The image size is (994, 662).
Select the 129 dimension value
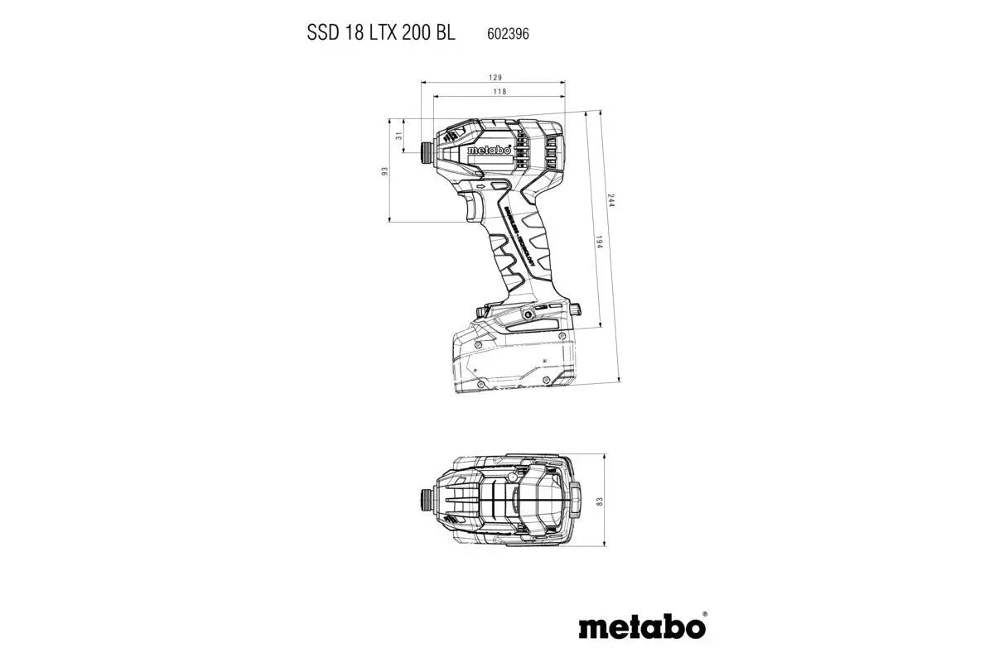[494, 76]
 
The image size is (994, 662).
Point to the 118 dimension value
[499, 92]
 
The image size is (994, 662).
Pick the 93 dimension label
[384, 170]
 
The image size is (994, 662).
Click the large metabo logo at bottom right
[641, 626]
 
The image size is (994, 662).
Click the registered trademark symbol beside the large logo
[704, 616]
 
